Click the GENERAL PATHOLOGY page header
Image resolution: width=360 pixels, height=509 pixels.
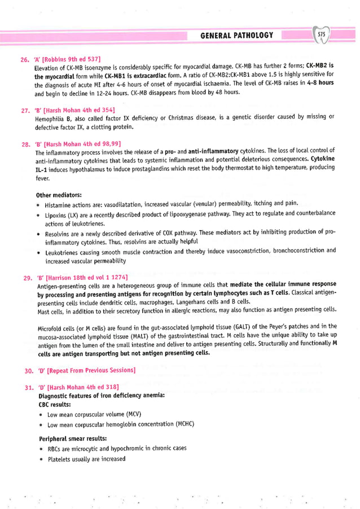[x=236, y=36]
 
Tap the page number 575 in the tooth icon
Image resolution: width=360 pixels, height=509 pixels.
[x=322, y=35]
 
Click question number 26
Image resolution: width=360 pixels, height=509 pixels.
[x=24, y=59]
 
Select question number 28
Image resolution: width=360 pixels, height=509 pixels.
[x=24, y=144]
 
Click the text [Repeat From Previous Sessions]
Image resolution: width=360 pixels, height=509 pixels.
[x=90, y=370]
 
